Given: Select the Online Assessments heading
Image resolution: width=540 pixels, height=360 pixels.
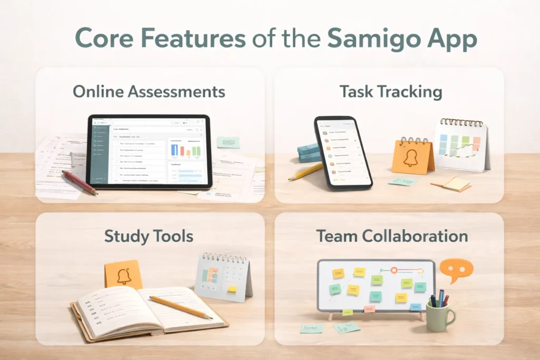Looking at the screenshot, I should pyautogui.click(x=149, y=92).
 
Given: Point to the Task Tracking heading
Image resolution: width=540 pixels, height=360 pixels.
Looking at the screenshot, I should pyautogui.click(x=391, y=92).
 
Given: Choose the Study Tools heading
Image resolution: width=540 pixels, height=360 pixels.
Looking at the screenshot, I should pyautogui.click(x=149, y=236).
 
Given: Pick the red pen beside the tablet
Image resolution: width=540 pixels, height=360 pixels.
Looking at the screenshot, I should pyautogui.click(x=79, y=182).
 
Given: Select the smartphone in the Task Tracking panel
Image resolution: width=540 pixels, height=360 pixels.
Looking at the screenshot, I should pyautogui.click(x=343, y=153).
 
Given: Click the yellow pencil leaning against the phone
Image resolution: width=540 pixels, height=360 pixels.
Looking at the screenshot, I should pyautogui.click(x=306, y=171).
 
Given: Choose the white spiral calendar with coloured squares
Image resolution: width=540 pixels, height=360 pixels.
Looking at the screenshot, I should pyautogui.click(x=461, y=145).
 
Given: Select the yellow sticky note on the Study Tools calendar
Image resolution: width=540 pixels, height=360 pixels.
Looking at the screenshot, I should pyautogui.click(x=231, y=289).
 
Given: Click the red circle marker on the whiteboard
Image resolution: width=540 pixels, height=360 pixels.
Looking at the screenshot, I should pyautogui.click(x=394, y=270).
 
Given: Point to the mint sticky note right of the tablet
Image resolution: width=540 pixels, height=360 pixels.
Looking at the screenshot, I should pyautogui.click(x=228, y=142).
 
